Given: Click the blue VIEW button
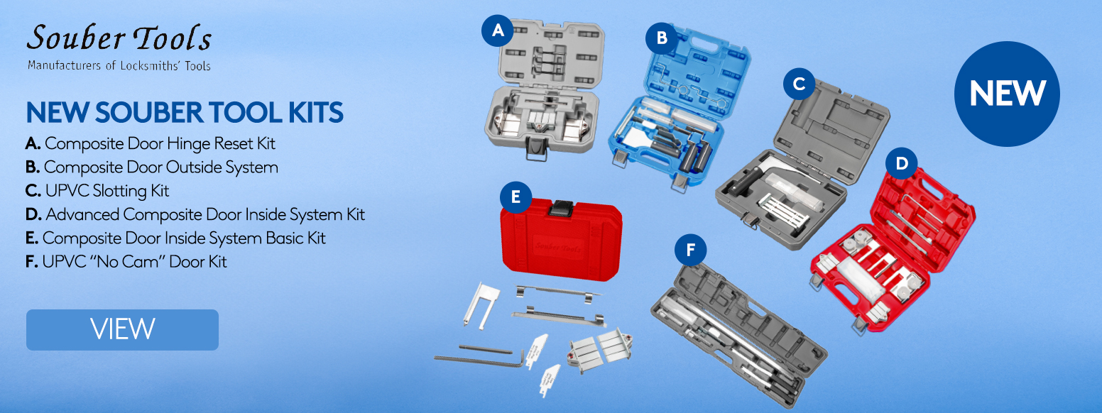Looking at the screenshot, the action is [122, 329].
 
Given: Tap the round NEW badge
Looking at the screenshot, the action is [1007, 94].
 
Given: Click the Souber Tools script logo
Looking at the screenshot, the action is [119, 38].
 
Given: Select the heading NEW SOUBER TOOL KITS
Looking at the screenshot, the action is [185, 113].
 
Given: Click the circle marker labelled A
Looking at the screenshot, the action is [497, 31].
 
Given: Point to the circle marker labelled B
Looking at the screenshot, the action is [662, 38].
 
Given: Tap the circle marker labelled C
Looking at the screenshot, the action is [800, 84].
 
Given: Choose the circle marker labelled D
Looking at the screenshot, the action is [901, 163].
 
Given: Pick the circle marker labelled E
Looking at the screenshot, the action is [515, 197].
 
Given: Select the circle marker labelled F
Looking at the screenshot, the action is [690, 250].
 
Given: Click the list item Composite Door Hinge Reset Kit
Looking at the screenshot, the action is [151, 143].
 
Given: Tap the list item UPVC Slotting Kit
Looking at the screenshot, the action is [97, 191].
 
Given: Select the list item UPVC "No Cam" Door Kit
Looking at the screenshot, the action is [126, 262].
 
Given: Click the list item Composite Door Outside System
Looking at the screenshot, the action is [152, 167].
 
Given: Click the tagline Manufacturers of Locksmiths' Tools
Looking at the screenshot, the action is [119, 65].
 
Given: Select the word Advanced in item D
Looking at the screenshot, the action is [82, 214].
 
